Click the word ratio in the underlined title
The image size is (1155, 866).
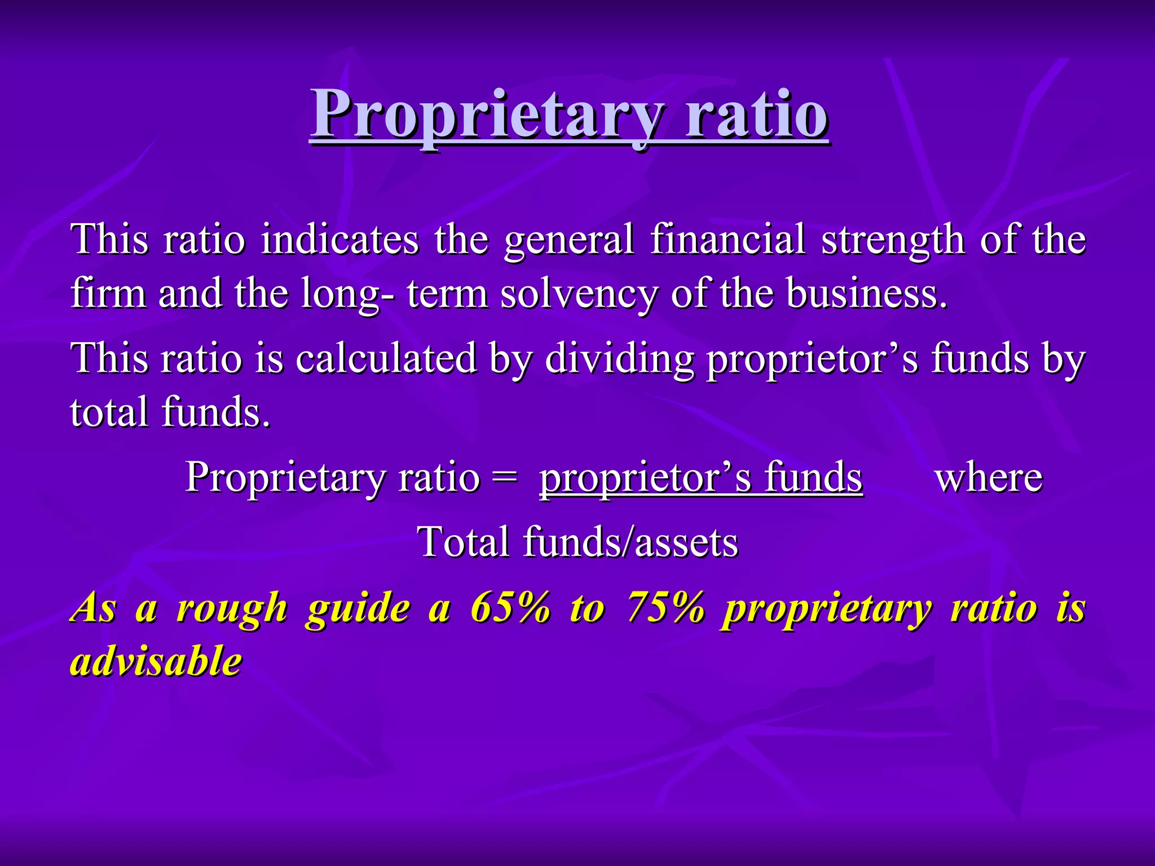(757, 116)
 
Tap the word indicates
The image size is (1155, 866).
(340, 239)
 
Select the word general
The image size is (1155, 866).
(569, 240)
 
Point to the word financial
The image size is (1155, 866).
(728, 239)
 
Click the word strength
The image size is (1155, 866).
(893, 240)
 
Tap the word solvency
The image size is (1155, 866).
(579, 294)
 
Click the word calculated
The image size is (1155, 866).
(386, 358)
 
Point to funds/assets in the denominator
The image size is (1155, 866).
(630, 542)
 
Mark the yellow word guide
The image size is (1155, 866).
(358, 609)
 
